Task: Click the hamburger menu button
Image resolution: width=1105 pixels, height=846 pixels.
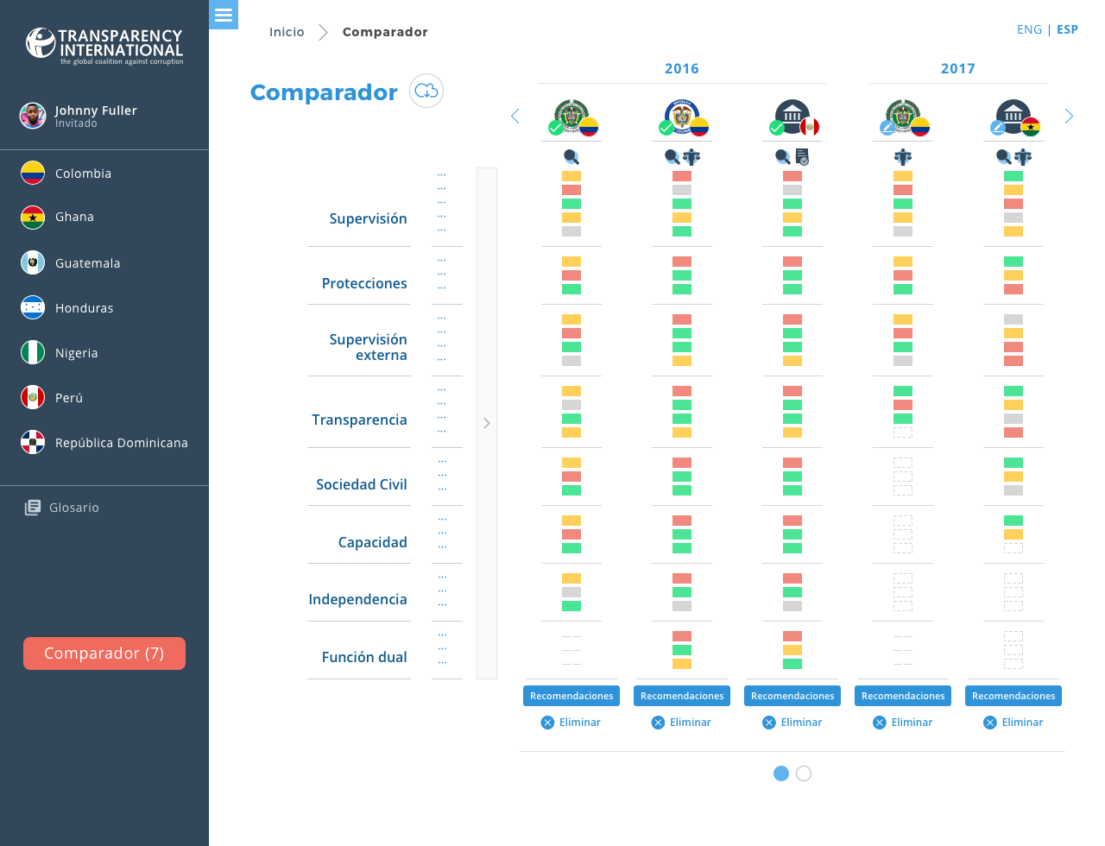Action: coord(224,15)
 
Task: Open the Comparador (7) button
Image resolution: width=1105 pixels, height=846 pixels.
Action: coord(104,653)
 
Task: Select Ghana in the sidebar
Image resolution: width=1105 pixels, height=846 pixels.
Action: coord(74,217)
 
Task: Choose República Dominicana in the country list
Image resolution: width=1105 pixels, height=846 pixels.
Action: coord(121,443)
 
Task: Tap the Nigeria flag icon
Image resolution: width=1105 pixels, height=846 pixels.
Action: coord(33,352)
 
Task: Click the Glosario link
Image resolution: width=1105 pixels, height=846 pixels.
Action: coord(73,508)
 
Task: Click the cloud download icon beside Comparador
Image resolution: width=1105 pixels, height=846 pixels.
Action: coord(426,91)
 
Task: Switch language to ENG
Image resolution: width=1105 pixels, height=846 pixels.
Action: coord(1029,29)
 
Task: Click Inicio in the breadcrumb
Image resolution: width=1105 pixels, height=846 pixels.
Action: coord(287,32)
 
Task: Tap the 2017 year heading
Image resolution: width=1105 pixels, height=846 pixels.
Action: coord(957,69)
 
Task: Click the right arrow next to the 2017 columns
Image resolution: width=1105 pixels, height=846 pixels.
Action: coord(1069,117)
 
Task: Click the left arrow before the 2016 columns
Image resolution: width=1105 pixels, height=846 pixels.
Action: coord(515,117)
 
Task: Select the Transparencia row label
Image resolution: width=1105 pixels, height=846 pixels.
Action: coord(359,420)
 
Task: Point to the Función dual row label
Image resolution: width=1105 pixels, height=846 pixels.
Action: coord(364,657)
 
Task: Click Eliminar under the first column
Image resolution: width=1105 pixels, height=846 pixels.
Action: coord(571,723)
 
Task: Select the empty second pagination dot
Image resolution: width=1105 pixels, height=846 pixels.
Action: coord(804,773)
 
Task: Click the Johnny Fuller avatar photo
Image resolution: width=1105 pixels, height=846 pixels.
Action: coord(33,116)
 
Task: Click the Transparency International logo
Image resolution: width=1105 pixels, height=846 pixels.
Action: coord(104,46)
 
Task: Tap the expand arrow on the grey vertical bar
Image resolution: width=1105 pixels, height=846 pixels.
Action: coord(487,423)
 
